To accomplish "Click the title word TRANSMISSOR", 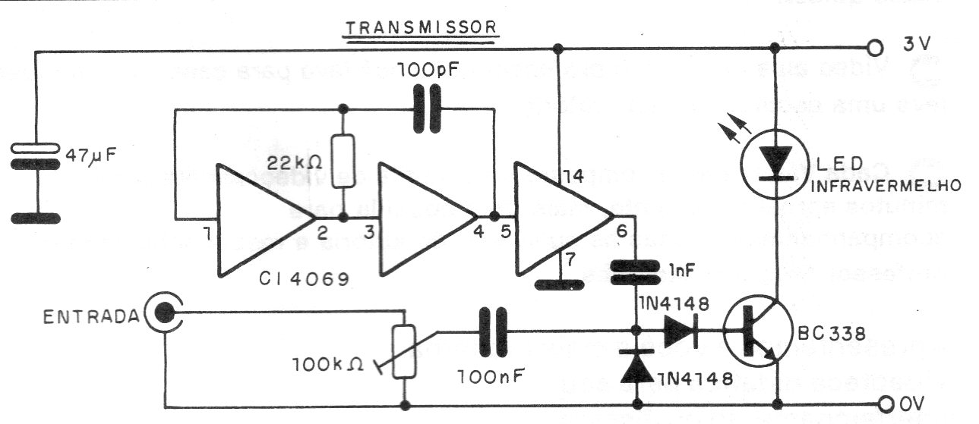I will pos(421,29).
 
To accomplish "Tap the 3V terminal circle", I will pos(876,49).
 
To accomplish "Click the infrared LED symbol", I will pos(774,162).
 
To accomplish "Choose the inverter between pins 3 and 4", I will pos(425,218).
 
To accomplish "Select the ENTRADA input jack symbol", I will pos(162,312).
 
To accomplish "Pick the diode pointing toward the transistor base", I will pos(679,331).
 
